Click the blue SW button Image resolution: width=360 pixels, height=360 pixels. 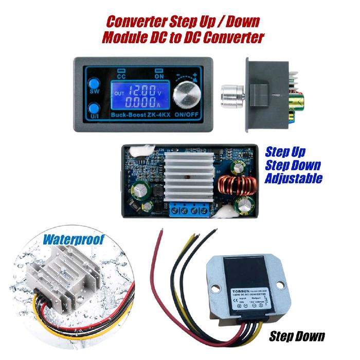coord(94,84)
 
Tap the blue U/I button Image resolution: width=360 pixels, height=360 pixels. coord(94,110)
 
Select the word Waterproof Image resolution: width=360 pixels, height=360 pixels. coord(74,240)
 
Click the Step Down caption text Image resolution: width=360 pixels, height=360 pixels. coord(297,336)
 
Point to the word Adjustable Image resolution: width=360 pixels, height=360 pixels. coord(294,179)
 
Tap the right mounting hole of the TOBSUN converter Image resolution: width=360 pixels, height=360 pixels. coord(280,284)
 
